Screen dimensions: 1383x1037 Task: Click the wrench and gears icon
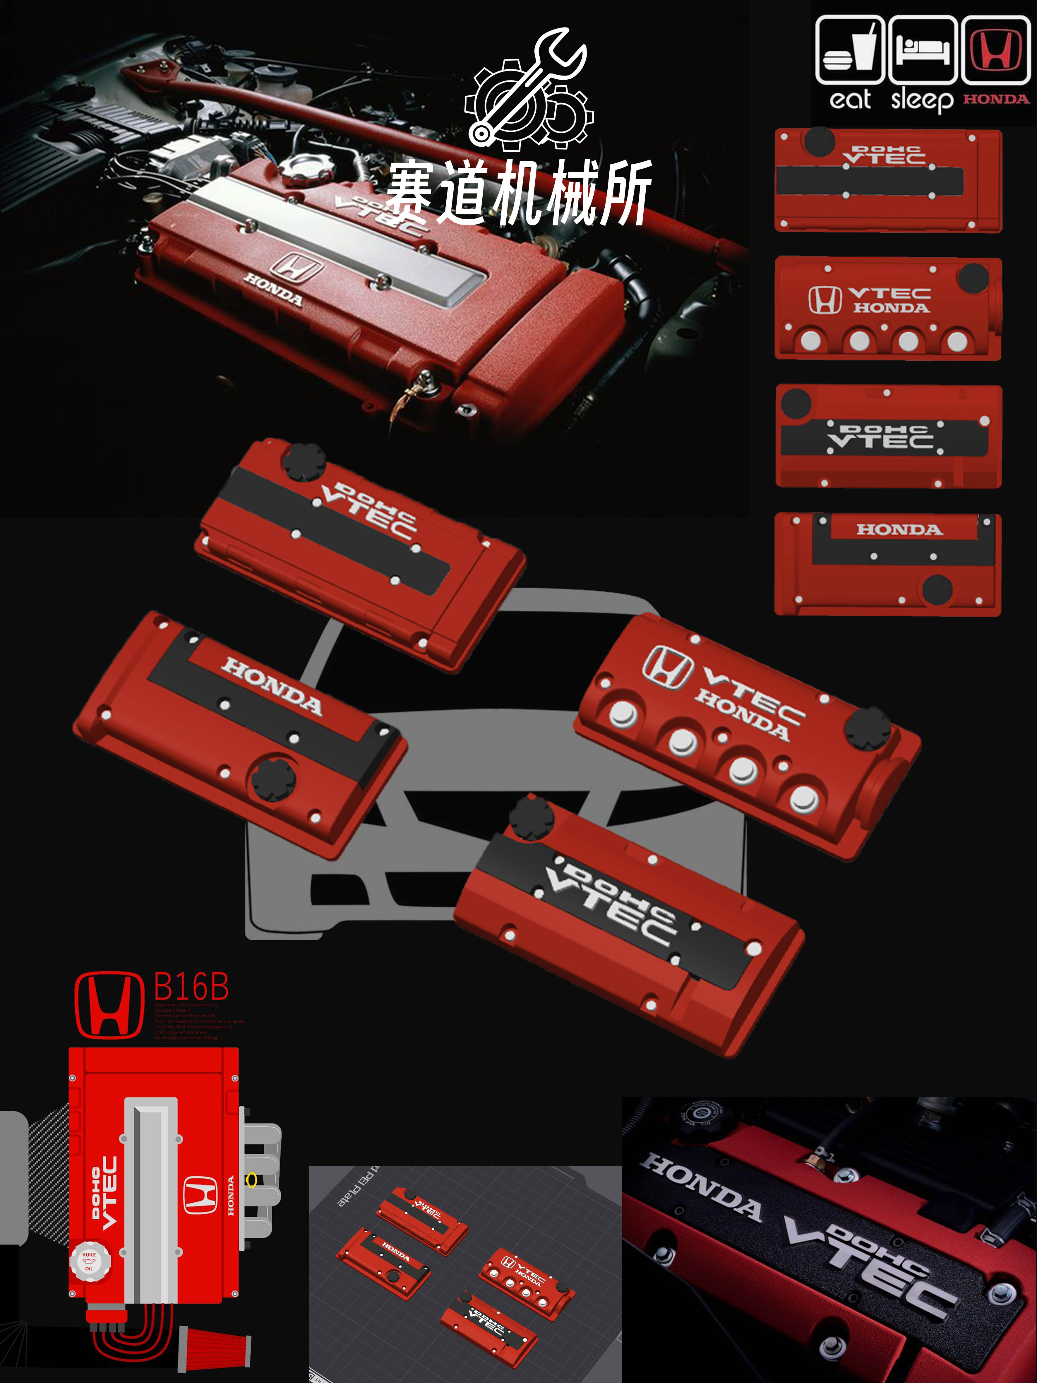(x=528, y=91)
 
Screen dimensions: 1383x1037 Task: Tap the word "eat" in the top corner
(x=849, y=100)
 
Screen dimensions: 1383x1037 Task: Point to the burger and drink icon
(x=849, y=50)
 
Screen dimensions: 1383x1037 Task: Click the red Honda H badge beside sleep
(x=995, y=50)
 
